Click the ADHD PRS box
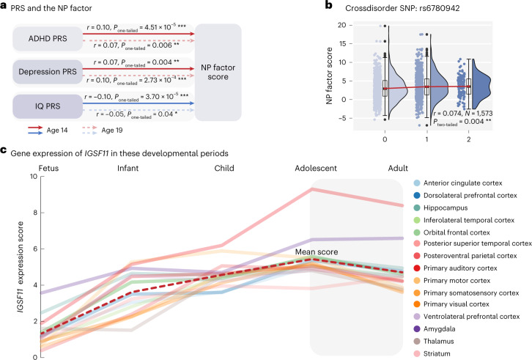48,39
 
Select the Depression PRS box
48,72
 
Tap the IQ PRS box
48,106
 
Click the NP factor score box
218,72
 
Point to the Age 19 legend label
112,131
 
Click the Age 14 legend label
57,131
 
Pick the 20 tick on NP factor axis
341,25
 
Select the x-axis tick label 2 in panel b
468,139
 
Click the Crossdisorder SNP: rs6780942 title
402,8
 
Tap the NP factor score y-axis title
329,76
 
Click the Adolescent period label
316,169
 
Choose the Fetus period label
48,169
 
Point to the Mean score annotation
317,252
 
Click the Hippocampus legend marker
417,207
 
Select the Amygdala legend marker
417,329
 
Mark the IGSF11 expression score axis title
21,267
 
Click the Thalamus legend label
438,342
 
